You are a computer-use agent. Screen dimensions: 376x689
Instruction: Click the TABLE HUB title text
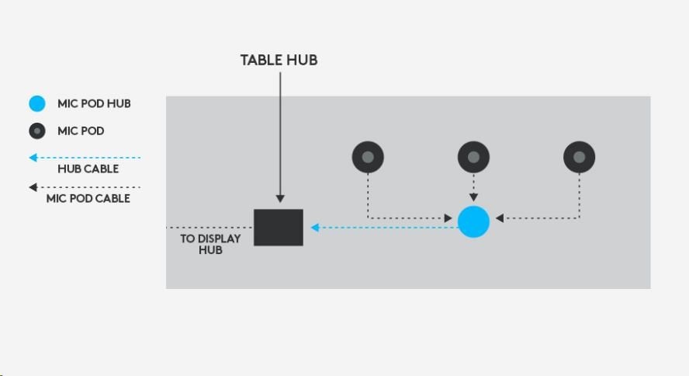279,60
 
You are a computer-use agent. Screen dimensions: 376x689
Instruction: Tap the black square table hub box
279,228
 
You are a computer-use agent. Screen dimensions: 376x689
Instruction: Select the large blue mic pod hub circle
473,222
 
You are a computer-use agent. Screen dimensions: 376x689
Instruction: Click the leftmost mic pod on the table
368,157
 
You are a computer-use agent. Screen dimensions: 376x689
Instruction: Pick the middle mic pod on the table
473,157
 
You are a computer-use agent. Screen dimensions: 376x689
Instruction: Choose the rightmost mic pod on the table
579,157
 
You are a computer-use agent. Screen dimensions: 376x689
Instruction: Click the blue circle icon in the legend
37,103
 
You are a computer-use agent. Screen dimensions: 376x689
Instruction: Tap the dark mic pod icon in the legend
37,131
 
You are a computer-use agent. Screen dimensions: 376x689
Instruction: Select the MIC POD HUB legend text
94,103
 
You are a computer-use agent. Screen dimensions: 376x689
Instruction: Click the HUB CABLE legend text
88,169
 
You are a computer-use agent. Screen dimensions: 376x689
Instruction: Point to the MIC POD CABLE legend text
88,198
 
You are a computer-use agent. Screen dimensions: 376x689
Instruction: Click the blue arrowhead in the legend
33,158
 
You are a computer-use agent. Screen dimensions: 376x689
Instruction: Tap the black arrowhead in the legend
33,187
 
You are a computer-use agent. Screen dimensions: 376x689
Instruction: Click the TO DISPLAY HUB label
210,244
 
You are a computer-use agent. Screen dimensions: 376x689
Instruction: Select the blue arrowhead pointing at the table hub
315,228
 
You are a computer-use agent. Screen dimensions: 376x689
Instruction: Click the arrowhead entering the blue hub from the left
448,219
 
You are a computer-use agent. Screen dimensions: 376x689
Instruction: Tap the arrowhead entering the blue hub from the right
500,218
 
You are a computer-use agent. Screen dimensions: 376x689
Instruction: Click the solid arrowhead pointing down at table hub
279,200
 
